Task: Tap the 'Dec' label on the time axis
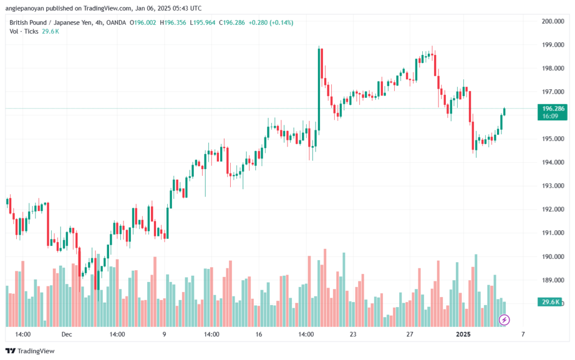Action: [x=67, y=335]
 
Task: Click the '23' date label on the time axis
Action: [x=353, y=335]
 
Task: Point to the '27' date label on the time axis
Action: [x=410, y=335]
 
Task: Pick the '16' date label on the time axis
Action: [x=259, y=335]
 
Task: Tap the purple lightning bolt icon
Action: [x=504, y=320]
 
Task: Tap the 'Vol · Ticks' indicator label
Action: [x=24, y=31]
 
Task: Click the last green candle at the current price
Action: [x=504, y=111]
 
